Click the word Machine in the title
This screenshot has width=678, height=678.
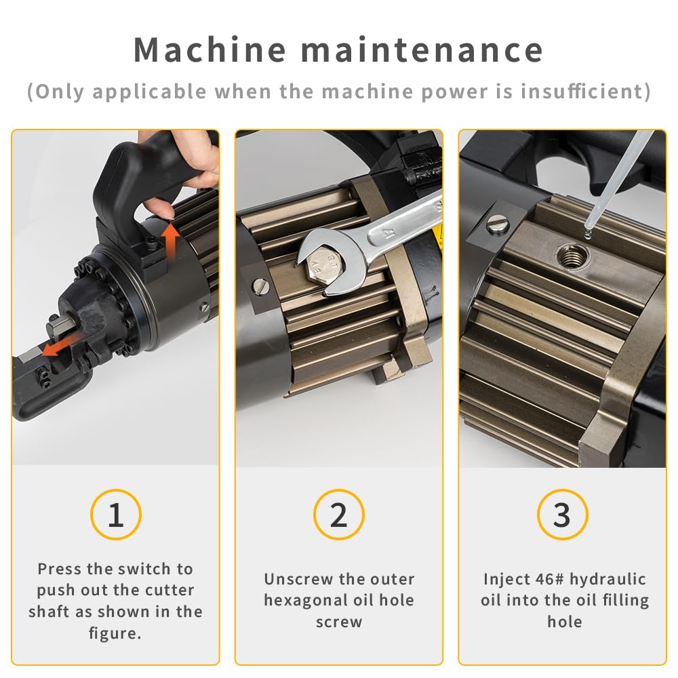210,49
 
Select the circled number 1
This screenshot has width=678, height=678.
115,515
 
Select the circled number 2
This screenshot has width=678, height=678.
338,515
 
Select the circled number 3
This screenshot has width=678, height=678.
561,515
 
